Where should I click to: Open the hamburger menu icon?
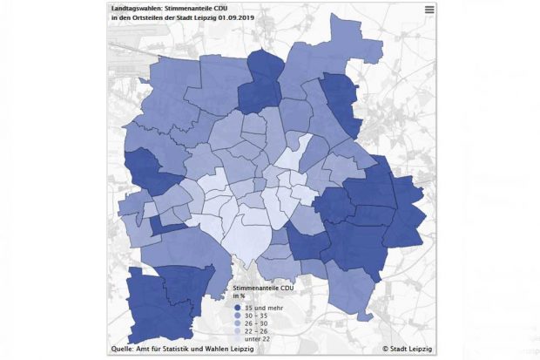[x=429, y=10]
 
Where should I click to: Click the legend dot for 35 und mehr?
[x=237, y=307]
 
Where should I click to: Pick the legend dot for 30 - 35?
[x=237, y=315]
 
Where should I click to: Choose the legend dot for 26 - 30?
[x=237, y=323]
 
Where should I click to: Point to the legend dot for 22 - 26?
[x=237, y=330]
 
